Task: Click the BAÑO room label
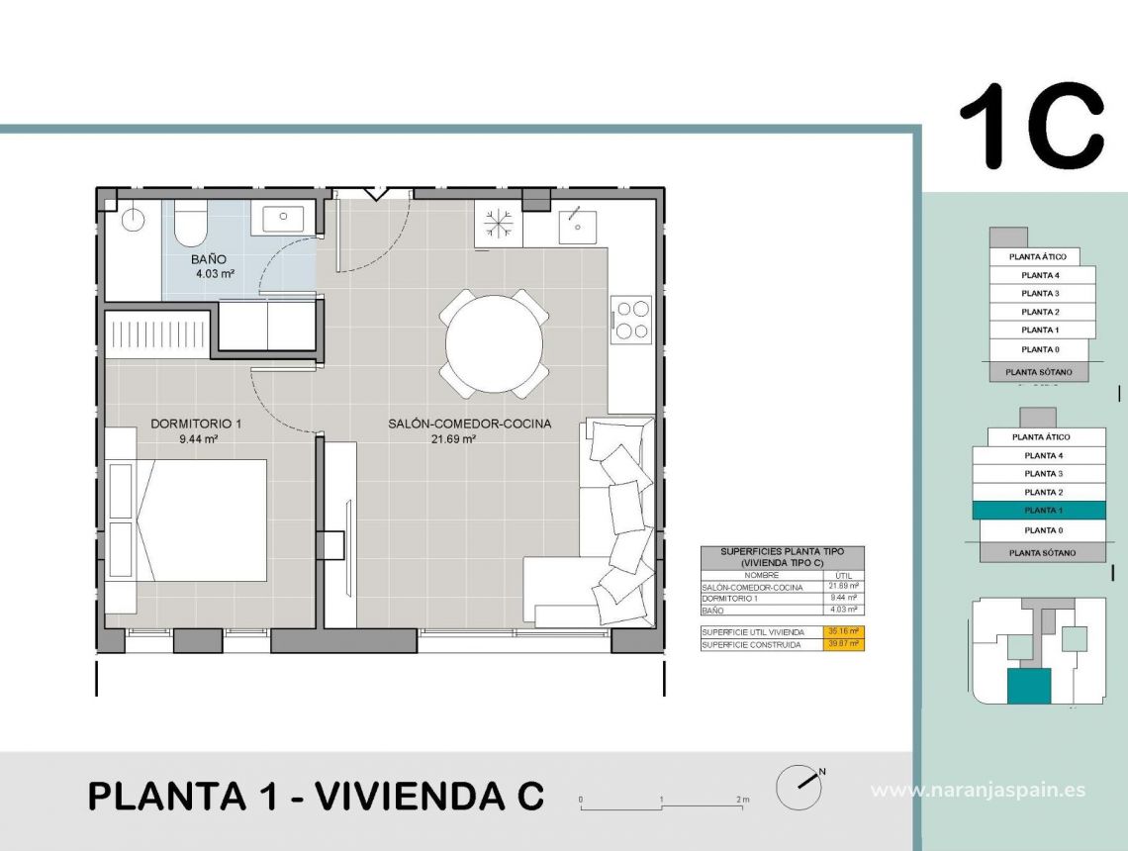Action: tap(209, 259)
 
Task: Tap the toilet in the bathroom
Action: tap(190, 225)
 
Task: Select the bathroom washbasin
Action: tap(282, 217)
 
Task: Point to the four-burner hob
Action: tap(632, 319)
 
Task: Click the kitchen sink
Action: tap(574, 226)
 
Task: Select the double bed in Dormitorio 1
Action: tap(203, 520)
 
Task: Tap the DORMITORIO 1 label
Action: tap(196, 424)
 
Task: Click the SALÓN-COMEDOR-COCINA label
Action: tap(469, 424)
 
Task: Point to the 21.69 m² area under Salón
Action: tap(453, 439)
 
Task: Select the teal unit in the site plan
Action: tap(1029, 685)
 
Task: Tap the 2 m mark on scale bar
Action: tap(742, 799)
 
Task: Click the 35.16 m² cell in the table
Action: tap(844, 631)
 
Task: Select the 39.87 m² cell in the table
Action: tap(844, 644)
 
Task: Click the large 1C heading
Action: tap(1031, 127)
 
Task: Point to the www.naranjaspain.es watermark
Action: tap(978, 790)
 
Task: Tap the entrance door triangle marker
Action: tap(374, 193)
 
